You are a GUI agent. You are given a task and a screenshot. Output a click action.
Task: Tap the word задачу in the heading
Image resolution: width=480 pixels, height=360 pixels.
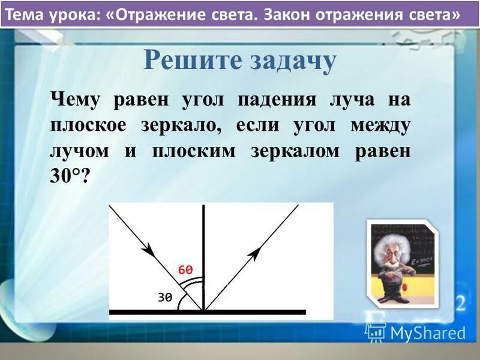[287, 61]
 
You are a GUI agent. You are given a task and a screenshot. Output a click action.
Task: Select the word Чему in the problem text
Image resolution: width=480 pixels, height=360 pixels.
[77, 100]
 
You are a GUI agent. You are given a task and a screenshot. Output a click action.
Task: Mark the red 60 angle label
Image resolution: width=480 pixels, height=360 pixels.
[186, 269]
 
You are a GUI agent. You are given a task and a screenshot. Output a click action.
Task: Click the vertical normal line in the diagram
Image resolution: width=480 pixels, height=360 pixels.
[204, 252]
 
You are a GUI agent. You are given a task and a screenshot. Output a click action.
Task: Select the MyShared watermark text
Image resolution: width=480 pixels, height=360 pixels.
[428, 332]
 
